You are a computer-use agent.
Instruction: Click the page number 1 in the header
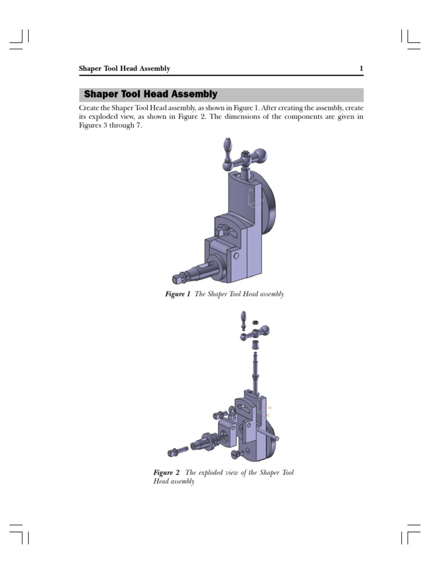[x=361, y=69]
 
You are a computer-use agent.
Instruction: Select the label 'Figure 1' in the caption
[x=177, y=294]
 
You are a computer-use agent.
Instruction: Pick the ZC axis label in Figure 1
[x=250, y=191]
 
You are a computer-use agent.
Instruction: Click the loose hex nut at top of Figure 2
[x=254, y=323]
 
